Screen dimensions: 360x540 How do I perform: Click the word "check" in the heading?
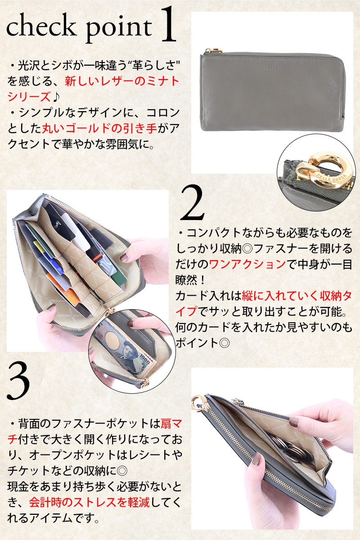point(40,27)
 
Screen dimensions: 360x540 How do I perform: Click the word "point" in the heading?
point(119,30)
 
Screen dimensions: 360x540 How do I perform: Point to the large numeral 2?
point(192,203)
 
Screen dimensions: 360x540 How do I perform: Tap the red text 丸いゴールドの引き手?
point(99,128)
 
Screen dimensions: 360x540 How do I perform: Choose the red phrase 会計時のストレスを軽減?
point(90,507)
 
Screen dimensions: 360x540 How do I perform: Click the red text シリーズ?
point(29,97)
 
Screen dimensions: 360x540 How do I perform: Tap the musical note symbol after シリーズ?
point(56,97)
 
